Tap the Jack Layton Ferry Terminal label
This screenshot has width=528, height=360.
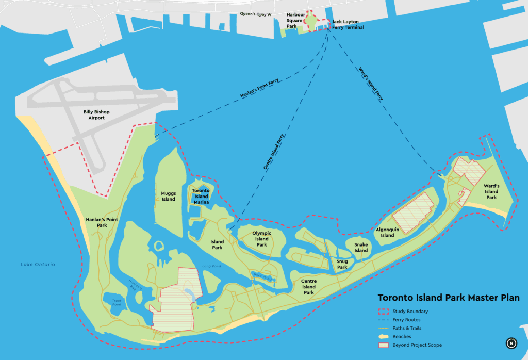click(x=348, y=25)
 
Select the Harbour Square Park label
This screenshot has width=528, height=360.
click(x=295, y=20)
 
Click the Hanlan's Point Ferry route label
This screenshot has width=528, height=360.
click(x=259, y=88)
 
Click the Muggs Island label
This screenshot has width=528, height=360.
click(x=169, y=196)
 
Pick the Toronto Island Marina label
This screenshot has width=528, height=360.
click(x=201, y=196)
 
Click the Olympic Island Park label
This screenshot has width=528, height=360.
click(x=262, y=239)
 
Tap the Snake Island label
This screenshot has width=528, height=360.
click(x=361, y=248)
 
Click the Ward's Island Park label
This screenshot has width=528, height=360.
click(x=491, y=191)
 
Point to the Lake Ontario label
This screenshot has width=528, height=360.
click(x=38, y=265)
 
